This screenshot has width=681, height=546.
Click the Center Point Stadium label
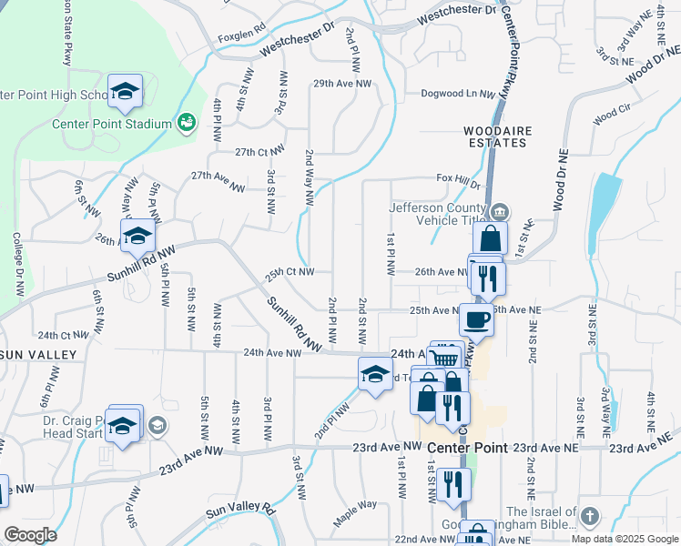(111, 124)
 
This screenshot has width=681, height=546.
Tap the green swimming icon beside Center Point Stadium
(186, 122)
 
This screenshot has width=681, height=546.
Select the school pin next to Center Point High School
(125, 91)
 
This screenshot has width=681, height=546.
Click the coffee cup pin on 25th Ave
(476, 319)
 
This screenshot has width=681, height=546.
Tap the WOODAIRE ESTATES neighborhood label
(523, 137)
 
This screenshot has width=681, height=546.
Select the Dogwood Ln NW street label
(457, 94)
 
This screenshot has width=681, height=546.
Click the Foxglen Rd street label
(239, 39)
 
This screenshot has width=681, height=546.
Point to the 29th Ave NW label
(342, 84)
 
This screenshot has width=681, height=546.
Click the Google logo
(30, 535)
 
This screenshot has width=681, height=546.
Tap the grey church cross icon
(589, 516)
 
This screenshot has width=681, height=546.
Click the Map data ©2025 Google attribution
(625, 539)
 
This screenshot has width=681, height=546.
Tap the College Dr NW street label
(17, 265)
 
